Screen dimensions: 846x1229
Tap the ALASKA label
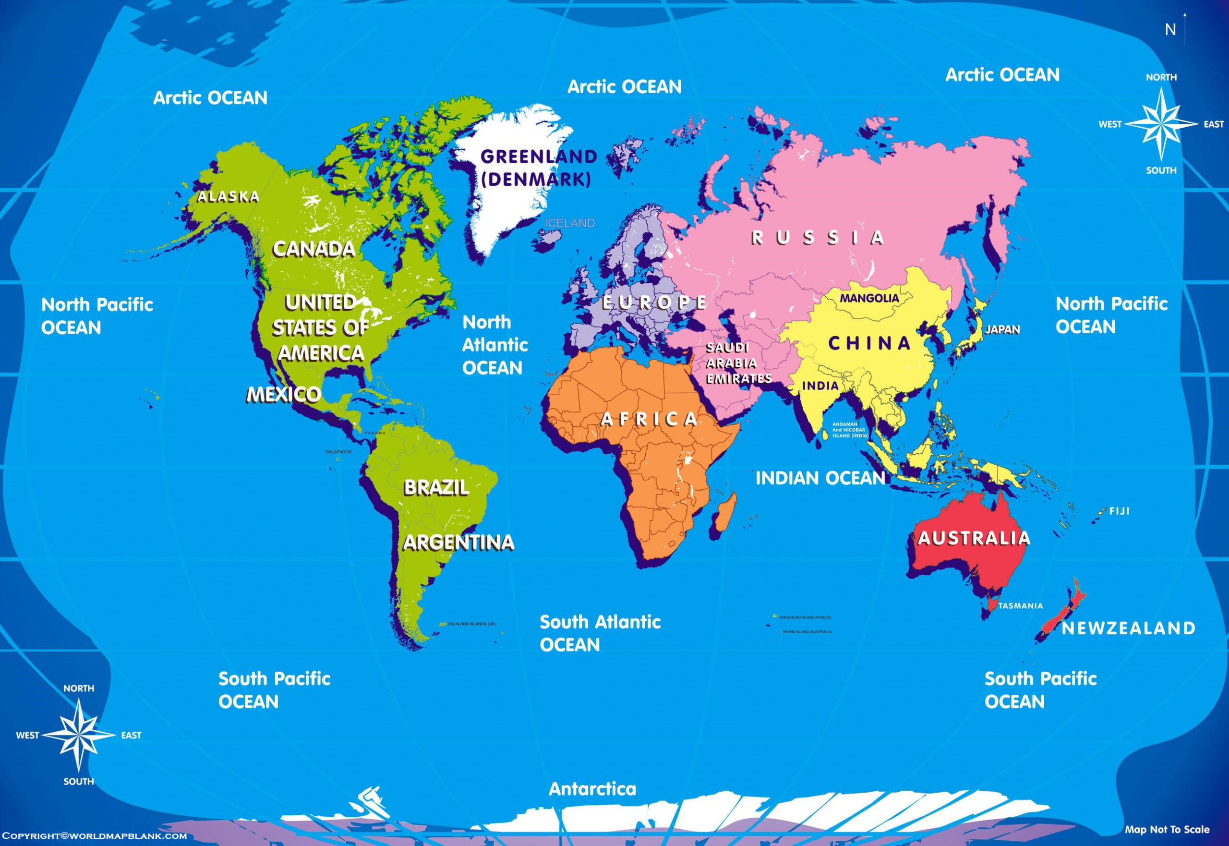click(229, 197)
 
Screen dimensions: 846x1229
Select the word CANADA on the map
click(314, 249)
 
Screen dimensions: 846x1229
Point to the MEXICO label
click(284, 394)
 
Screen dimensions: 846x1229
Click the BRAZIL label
click(436, 487)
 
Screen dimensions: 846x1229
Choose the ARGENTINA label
click(458, 542)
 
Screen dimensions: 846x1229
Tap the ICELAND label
click(570, 223)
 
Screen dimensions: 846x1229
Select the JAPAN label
click(1002, 329)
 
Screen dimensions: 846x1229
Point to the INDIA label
click(820, 386)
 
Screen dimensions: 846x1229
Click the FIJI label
click(1119, 511)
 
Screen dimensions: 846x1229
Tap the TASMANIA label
click(1021, 605)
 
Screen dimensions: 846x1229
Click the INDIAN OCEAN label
click(820, 478)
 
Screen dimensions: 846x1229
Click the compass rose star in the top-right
click(1161, 124)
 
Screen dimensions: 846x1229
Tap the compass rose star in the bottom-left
click(78, 735)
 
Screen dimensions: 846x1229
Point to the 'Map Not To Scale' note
click(1167, 830)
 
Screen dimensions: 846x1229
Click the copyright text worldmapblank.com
click(94, 836)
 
